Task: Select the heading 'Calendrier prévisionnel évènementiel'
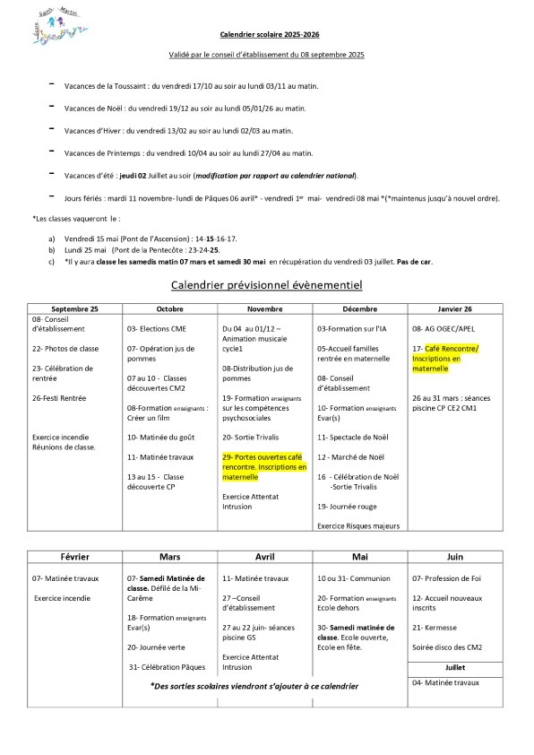pyautogui.click(x=266, y=285)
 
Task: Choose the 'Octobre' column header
pyautogui.click(x=170, y=308)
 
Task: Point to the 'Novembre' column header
pyautogui.click(x=266, y=308)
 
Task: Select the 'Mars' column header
pyautogui.click(x=170, y=556)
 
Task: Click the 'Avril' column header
pyautogui.click(x=266, y=556)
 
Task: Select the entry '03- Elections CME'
pyautogui.click(x=157, y=329)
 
